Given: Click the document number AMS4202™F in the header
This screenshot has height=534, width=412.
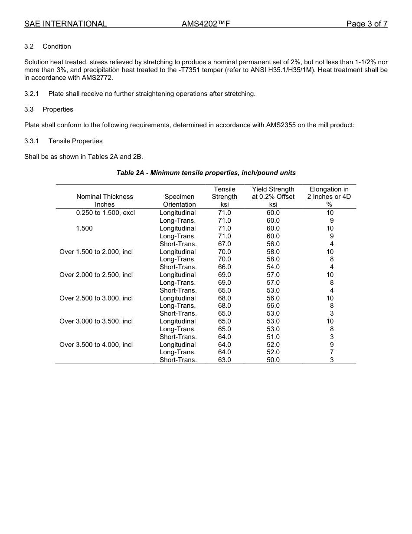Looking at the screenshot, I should (205, 24).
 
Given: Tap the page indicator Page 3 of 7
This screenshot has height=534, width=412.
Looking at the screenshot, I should (366, 24).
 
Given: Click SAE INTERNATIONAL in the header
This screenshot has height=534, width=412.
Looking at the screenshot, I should (65, 24).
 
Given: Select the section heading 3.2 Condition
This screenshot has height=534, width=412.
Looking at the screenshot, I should (48, 46).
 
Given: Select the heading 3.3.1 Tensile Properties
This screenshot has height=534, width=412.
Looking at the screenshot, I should (63, 141).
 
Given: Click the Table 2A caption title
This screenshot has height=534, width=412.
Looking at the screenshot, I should (206, 173).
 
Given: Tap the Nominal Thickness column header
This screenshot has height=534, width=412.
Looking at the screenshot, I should (105, 200).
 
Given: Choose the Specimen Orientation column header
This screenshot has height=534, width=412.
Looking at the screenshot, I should (179, 200).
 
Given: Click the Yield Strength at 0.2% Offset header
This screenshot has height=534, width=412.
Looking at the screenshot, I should (273, 197).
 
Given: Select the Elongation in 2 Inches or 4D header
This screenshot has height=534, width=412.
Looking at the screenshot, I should (329, 197).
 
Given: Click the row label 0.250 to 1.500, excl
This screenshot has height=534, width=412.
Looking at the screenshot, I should (105, 213).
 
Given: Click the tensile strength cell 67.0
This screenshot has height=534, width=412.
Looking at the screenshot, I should (224, 244).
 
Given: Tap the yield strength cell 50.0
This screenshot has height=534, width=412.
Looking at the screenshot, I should (273, 360).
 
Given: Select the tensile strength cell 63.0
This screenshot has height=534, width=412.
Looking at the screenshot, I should (224, 360).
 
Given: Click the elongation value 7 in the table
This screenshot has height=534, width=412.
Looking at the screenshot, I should (331, 352).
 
